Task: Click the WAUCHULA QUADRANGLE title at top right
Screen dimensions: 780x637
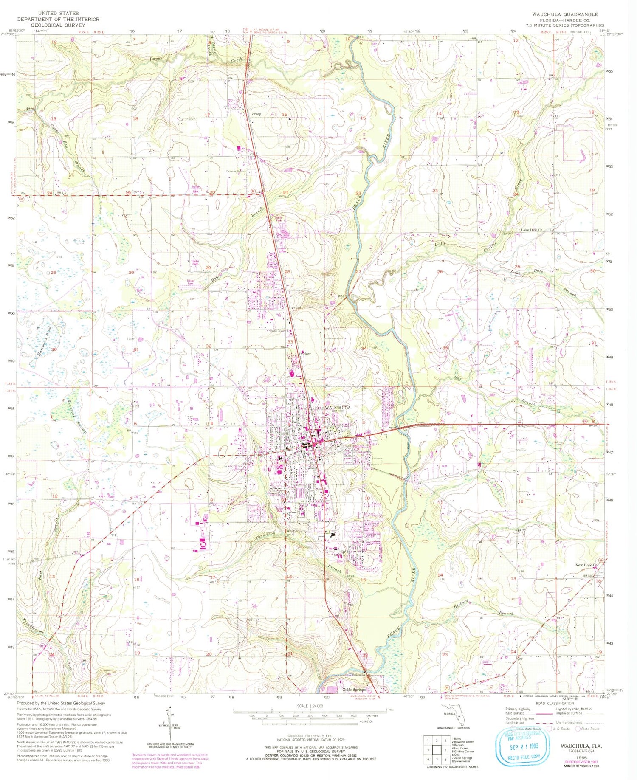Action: pyautogui.click(x=565, y=14)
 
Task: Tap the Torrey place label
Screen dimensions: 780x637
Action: pyautogui.click(x=255, y=114)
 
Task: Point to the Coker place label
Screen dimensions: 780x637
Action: pyautogui.click(x=306, y=353)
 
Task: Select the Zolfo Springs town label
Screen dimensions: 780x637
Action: pyautogui.click(x=354, y=690)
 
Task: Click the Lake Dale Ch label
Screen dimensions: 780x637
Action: pyautogui.click(x=532, y=230)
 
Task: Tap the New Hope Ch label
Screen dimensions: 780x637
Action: pyautogui.click(x=586, y=565)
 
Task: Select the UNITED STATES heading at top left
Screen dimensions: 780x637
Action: pyautogui.click(x=58, y=14)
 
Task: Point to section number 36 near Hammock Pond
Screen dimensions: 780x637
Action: pyautogui.click(x=54, y=349)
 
